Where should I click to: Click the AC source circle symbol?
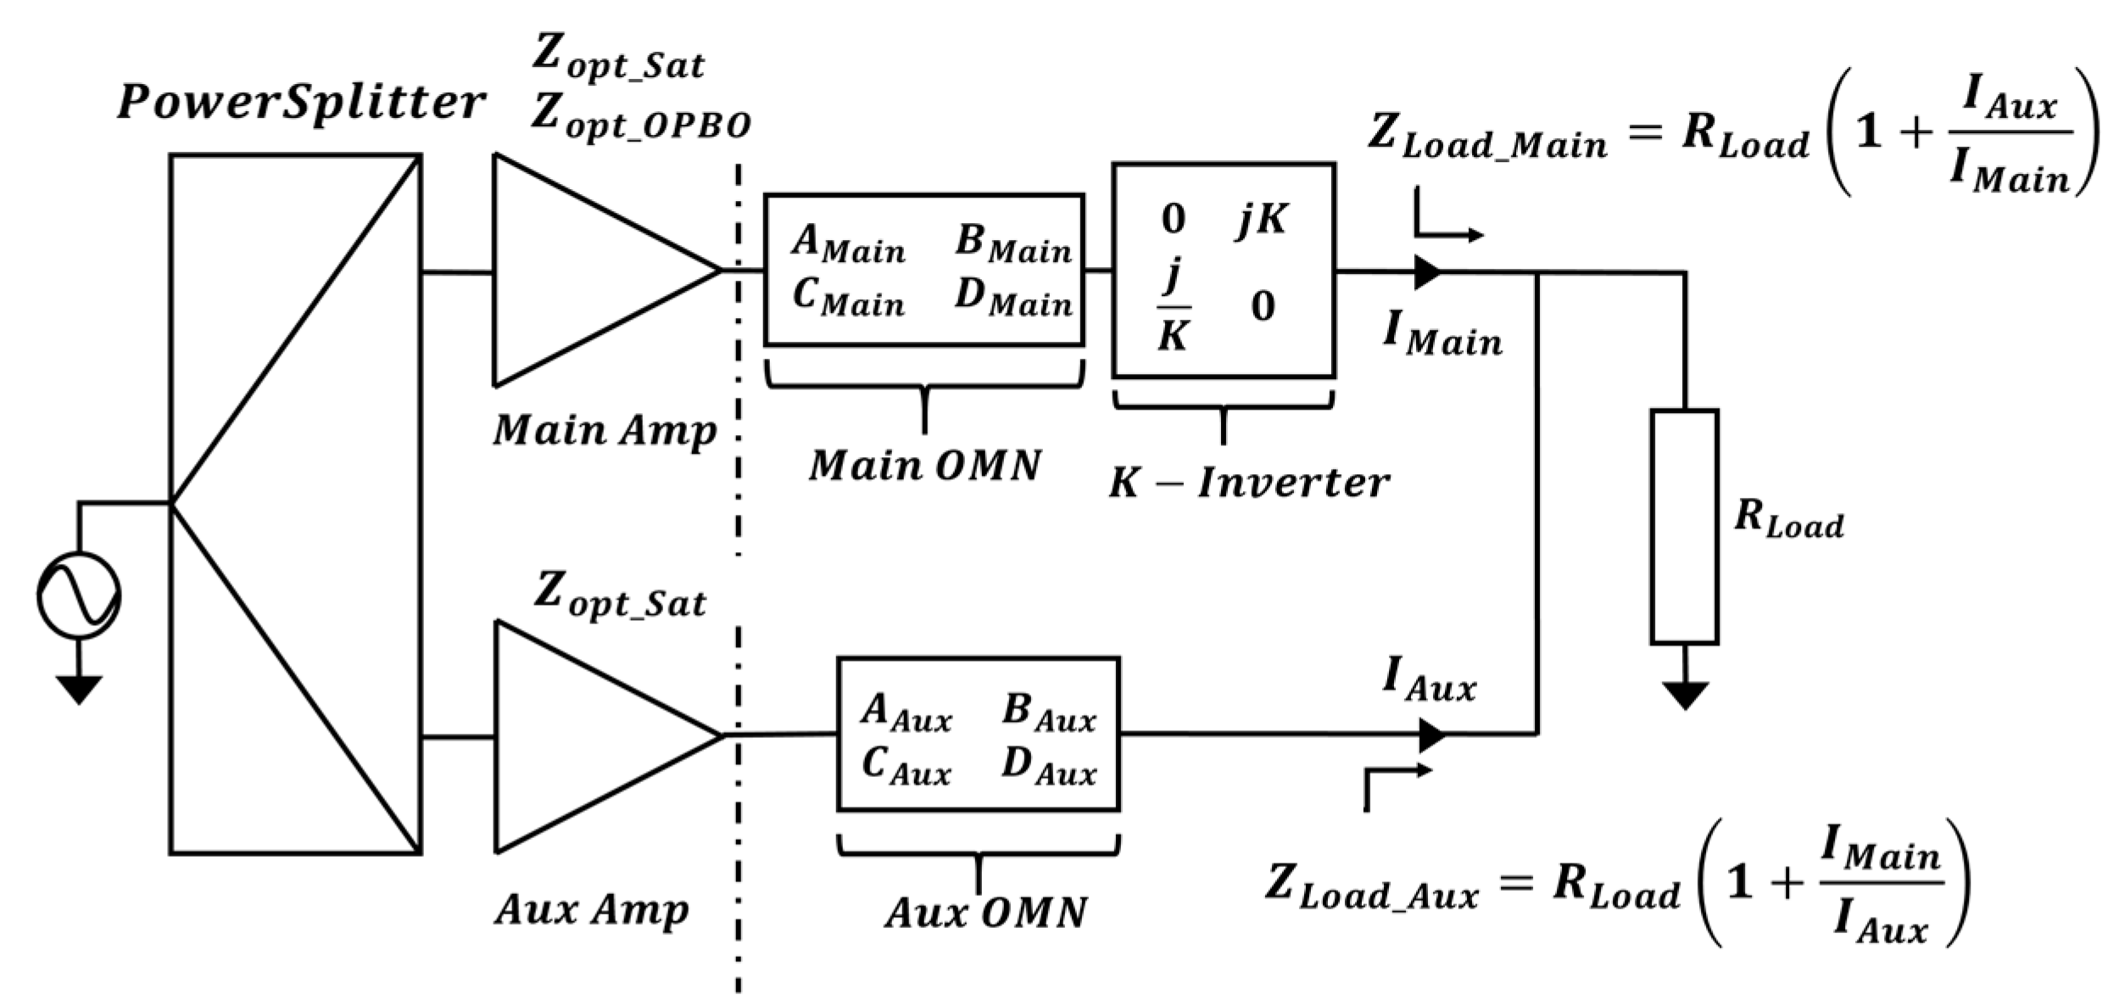pyautogui.click(x=79, y=595)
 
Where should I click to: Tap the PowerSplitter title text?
pyautogui.click(x=301, y=103)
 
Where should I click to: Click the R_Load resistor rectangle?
pyautogui.click(x=1683, y=527)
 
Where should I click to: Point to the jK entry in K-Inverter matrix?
pyautogui.click(x=1261, y=220)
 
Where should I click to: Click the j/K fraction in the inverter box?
pyautogui.click(x=1174, y=305)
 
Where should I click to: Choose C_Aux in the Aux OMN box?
pyautogui.click(x=906, y=766)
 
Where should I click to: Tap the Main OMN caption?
pyautogui.click(x=924, y=466)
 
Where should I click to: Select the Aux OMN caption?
pyautogui.click(x=985, y=914)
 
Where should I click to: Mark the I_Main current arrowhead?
pyautogui.click(x=1427, y=271)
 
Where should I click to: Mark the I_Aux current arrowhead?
pyautogui.click(x=1431, y=735)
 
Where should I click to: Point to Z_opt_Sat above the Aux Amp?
pyautogui.click(x=619, y=595)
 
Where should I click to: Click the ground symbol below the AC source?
pyautogui.click(x=79, y=688)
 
